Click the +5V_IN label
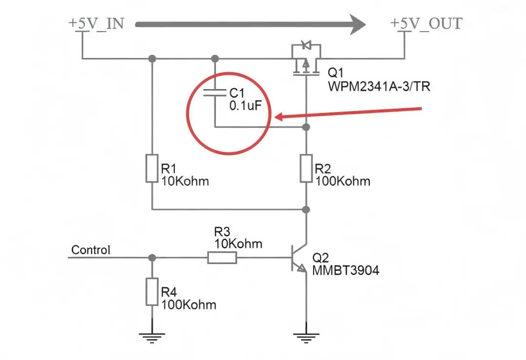pyautogui.click(x=96, y=23)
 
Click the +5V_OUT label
pyautogui.click(x=426, y=23)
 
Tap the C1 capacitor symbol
pyautogui.click(x=215, y=93)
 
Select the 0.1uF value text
pyautogui.click(x=245, y=106)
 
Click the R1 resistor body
pyautogui.click(x=152, y=169)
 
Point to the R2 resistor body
pyautogui.click(x=306, y=169)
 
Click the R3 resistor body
pyautogui.click(x=222, y=258)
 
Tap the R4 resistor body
pyautogui.click(x=152, y=292)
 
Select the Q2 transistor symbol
pyautogui.click(x=299, y=258)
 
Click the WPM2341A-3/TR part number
pyautogui.click(x=379, y=87)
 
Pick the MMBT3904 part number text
pyautogui.click(x=345, y=270)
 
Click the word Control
pyautogui.click(x=91, y=250)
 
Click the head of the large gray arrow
pyautogui.click(x=357, y=24)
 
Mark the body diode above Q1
pyautogui.click(x=306, y=45)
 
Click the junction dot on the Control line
pyautogui.click(x=152, y=258)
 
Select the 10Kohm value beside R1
pyautogui.click(x=185, y=181)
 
